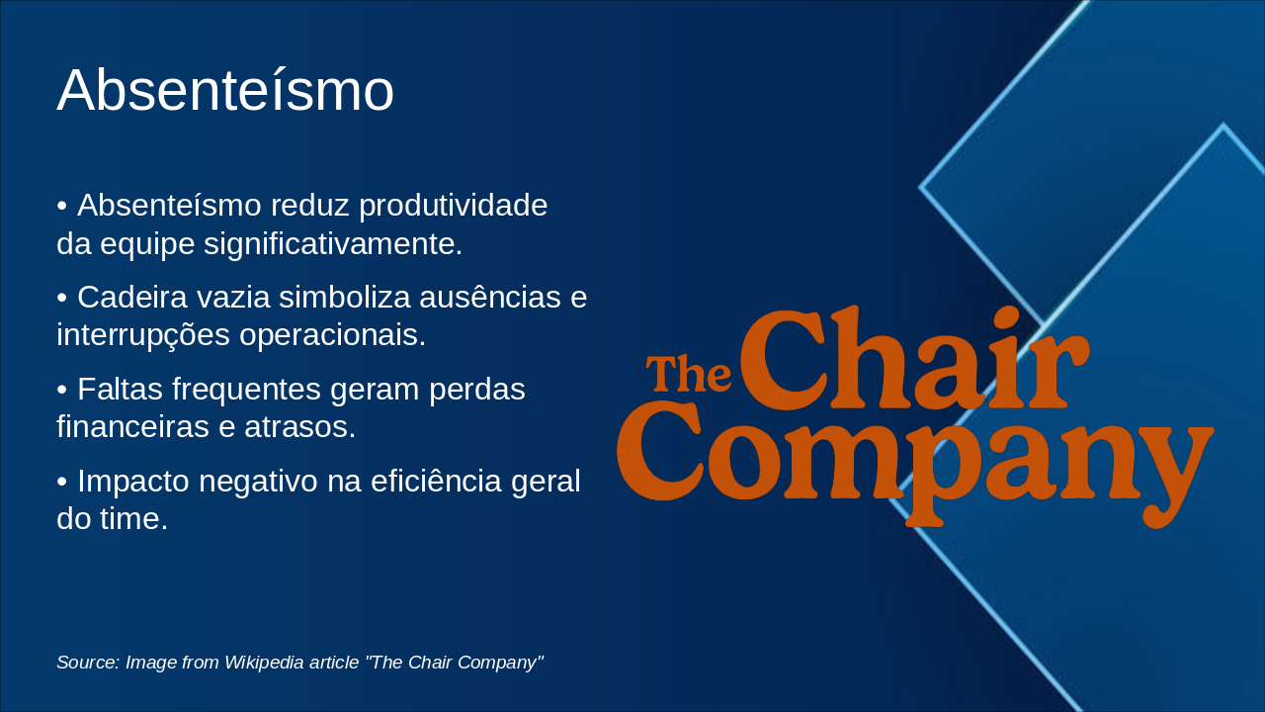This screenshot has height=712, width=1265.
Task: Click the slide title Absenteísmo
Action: [x=225, y=91]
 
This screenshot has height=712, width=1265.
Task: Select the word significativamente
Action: [x=333, y=243]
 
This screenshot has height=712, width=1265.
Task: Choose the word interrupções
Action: [x=143, y=334]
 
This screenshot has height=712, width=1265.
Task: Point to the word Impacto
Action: [x=133, y=481]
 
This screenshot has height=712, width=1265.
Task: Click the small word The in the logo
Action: [x=688, y=374]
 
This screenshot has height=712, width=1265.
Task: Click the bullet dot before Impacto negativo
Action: [x=62, y=482]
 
